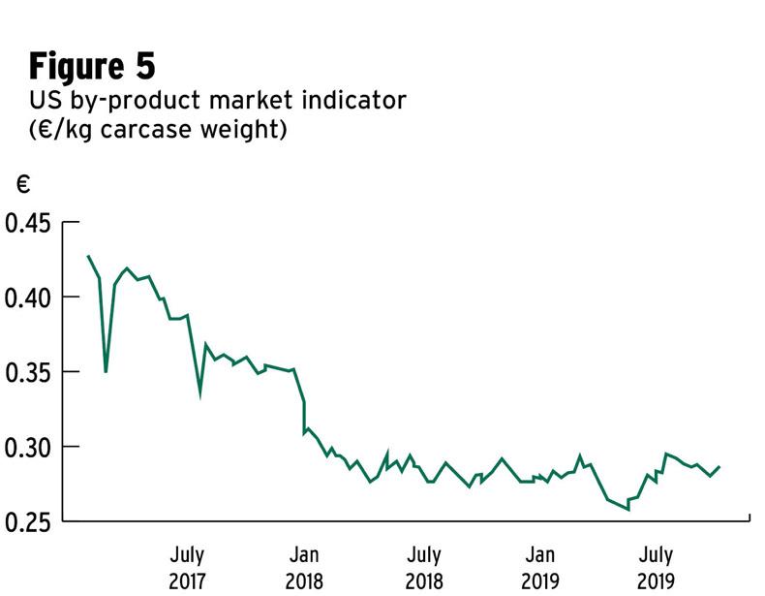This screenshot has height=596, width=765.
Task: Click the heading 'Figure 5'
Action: [92, 66]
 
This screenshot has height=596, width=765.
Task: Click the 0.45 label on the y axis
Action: [27, 223]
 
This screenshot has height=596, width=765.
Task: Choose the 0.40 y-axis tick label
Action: [27, 297]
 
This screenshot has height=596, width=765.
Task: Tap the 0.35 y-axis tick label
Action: [27, 372]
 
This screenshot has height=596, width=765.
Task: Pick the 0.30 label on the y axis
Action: [27, 447]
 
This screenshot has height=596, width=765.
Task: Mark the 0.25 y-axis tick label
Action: [27, 521]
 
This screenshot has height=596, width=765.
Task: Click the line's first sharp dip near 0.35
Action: [106, 371]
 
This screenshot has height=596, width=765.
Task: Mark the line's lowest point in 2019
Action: [628, 508]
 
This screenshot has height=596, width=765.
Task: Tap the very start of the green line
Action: [88, 256]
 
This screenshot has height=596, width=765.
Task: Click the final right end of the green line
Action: [719, 467]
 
